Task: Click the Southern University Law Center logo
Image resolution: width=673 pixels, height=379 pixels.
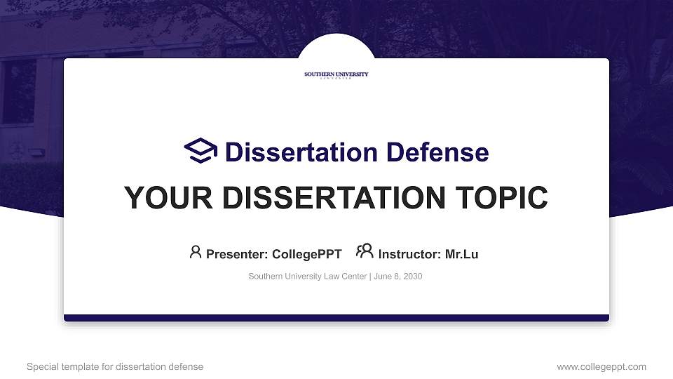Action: tap(336, 75)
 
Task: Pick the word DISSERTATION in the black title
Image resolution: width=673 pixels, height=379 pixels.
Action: tap(335, 198)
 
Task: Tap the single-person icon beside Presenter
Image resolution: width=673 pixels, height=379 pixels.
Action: tap(196, 252)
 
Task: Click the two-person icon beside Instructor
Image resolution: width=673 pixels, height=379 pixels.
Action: tap(365, 251)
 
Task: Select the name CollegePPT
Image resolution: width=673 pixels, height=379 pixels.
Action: tap(306, 254)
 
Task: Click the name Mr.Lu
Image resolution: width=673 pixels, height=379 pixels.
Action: tap(461, 254)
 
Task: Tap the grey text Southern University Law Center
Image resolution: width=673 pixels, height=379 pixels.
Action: tap(307, 277)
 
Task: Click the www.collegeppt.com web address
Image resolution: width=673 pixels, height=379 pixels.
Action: tap(601, 366)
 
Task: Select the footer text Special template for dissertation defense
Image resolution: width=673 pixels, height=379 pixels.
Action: tap(115, 366)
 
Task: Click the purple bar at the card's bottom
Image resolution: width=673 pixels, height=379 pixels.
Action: tap(336, 318)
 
